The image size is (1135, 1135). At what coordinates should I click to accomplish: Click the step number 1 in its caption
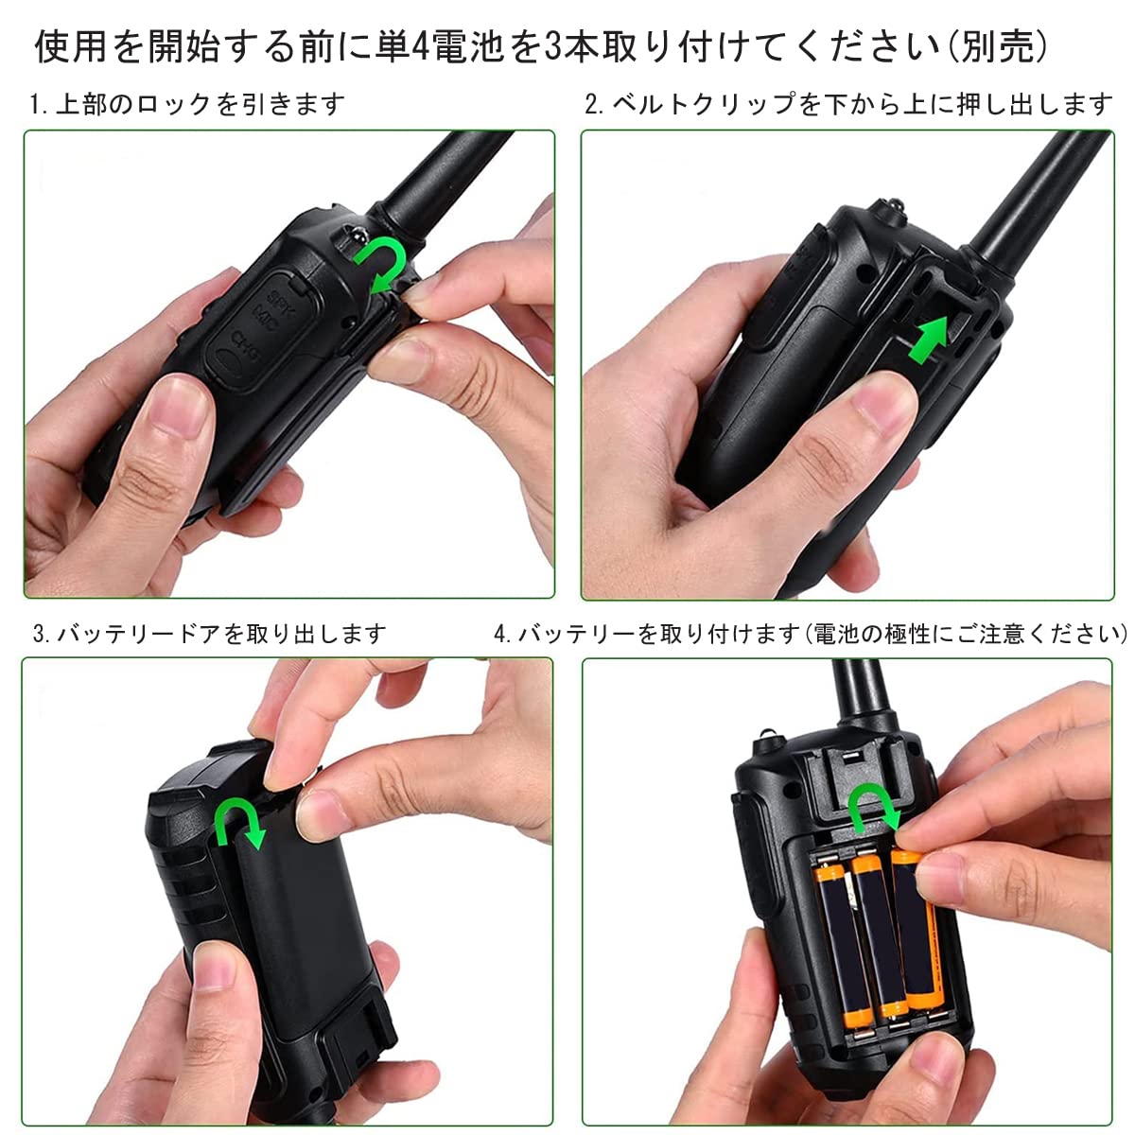36,104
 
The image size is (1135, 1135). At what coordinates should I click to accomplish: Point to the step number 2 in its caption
592,104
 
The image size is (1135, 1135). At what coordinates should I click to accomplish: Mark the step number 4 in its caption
500,634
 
